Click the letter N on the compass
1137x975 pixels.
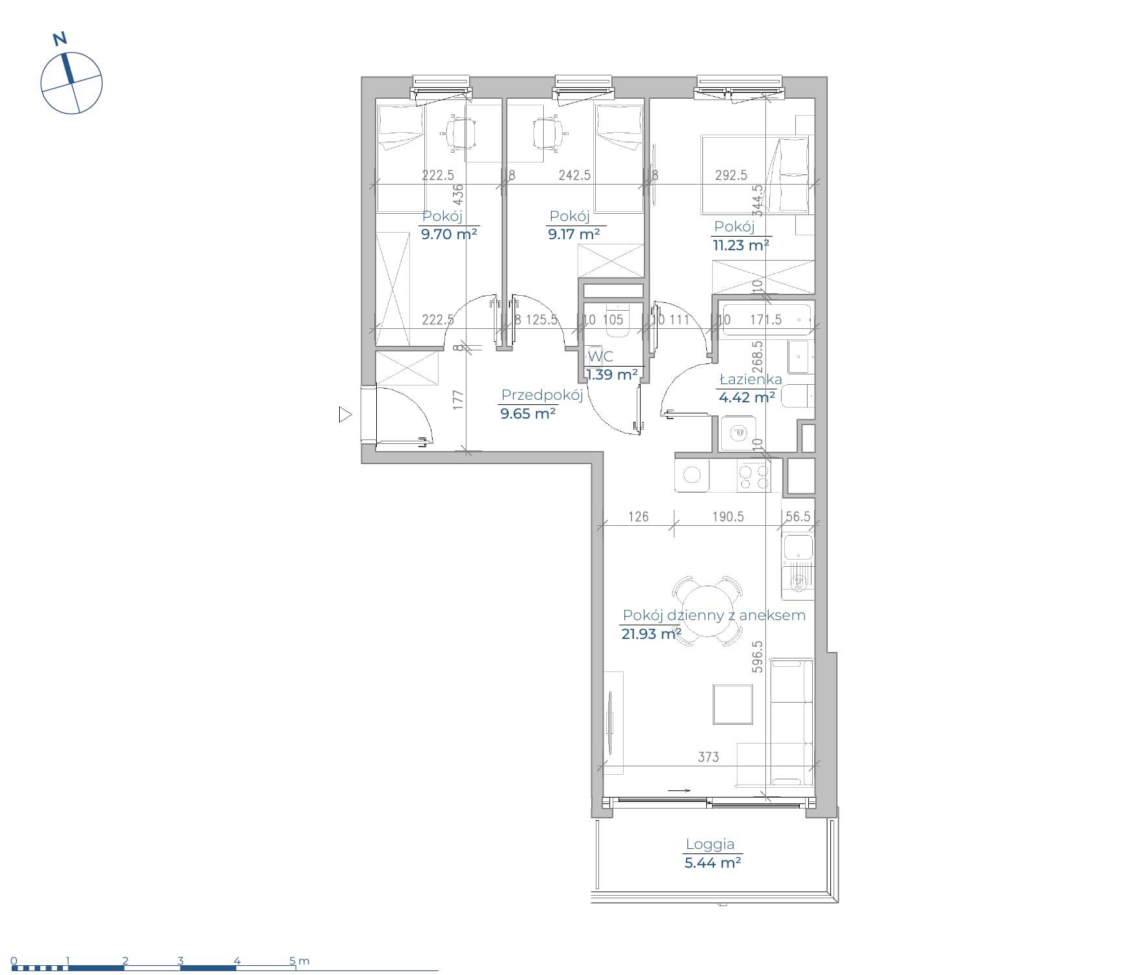pos(60,39)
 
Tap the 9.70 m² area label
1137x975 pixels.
pos(449,234)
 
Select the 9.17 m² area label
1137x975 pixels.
pos(574,234)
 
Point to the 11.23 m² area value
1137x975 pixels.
pos(741,245)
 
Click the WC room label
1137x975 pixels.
pos(600,357)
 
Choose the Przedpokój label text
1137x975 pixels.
pos(542,395)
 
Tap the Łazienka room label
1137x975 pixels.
pos(750,379)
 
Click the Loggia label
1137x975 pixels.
pos(710,844)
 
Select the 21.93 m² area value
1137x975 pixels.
pos(651,633)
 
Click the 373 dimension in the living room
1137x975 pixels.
pos(708,757)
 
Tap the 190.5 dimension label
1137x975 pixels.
pos(728,517)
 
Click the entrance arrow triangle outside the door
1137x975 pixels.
pos(345,414)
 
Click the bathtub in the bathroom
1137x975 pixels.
pos(767,319)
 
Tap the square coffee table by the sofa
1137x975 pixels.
pos(733,704)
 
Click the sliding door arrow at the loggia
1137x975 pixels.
pos(678,790)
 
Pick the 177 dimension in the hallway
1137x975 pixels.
pos(457,398)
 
